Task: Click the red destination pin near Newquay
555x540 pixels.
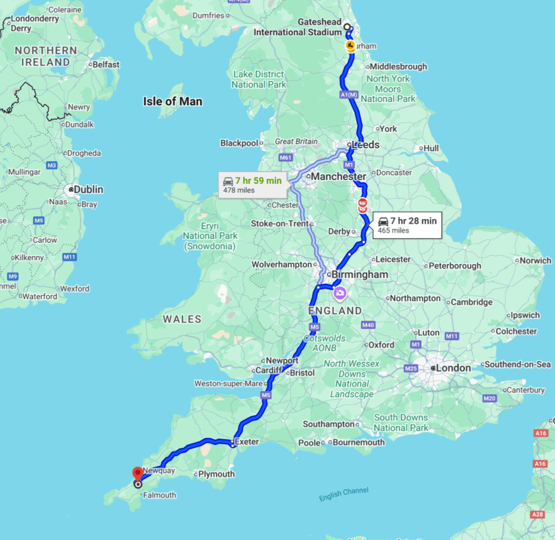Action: tap(137, 473)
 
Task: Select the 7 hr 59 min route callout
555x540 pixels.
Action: tap(252, 185)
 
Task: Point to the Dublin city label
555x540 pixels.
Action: tap(88, 190)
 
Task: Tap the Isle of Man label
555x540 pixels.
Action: tap(172, 101)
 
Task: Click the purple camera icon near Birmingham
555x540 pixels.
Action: tap(340, 294)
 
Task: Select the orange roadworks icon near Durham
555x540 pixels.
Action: tap(350, 47)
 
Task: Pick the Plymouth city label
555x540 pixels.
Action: tap(216, 474)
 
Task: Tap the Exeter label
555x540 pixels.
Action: tap(246, 442)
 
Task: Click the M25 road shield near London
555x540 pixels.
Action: tap(411, 368)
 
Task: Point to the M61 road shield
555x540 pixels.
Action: tap(285, 158)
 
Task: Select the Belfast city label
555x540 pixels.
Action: tap(106, 65)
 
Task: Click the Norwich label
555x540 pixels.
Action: tap(536, 261)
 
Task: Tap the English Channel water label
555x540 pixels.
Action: tap(343, 494)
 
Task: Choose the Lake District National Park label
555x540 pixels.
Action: tap(259, 79)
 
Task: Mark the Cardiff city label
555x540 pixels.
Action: tap(269, 370)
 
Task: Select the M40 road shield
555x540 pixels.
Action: tap(368, 325)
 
